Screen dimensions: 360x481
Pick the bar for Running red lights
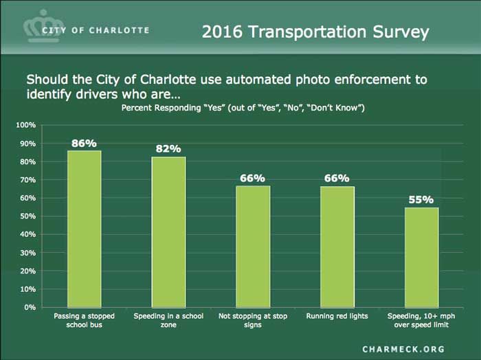click(337, 247)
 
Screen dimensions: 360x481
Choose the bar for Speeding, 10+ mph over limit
click(421, 257)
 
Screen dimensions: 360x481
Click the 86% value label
click(84, 143)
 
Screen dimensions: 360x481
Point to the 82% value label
click(168, 149)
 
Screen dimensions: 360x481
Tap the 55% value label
click(421, 200)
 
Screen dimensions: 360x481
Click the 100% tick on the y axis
click(25, 126)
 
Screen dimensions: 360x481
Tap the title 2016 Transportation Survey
click(315, 32)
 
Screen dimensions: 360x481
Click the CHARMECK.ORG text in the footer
click(403, 349)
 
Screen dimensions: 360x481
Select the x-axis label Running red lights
click(337, 317)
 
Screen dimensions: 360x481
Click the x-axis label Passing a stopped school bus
click(84, 321)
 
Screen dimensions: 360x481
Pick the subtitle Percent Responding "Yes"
click(243, 109)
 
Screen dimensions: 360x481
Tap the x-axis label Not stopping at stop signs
click(252, 321)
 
